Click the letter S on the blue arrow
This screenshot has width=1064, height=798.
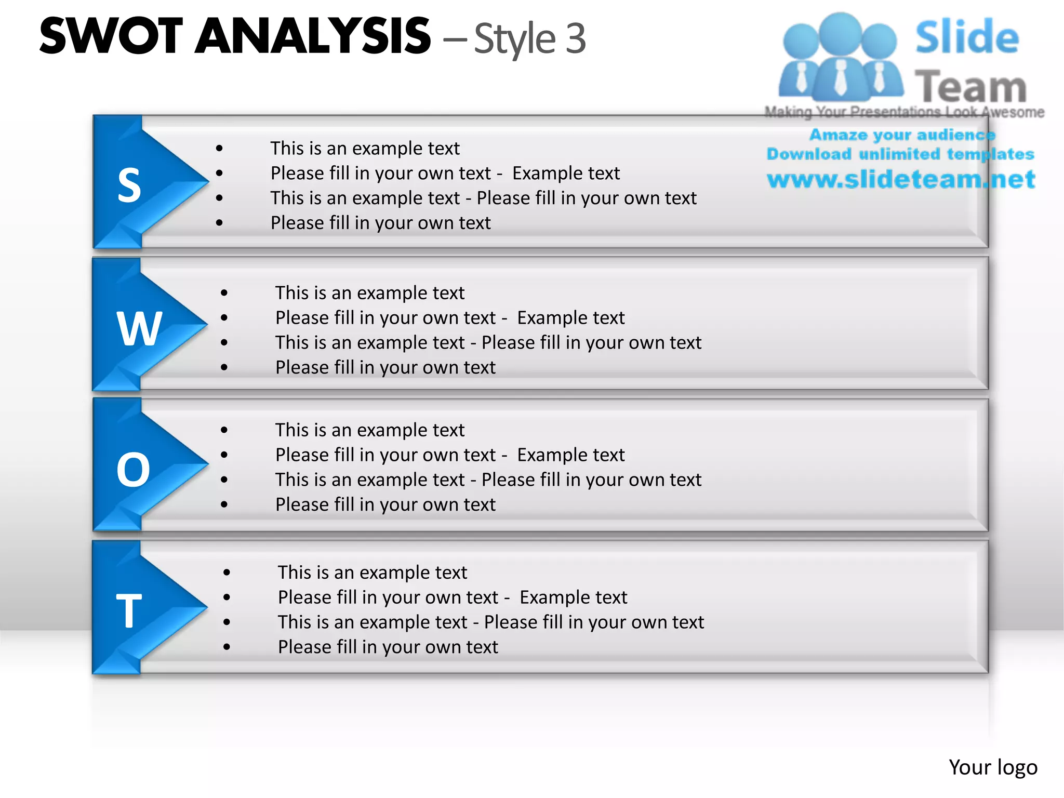(x=129, y=185)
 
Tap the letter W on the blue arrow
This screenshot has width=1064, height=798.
(x=139, y=328)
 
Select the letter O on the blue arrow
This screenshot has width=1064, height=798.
(x=134, y=470)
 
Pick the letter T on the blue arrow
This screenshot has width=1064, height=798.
(x=129, y=611)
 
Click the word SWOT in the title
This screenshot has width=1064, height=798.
(x=111, y=36)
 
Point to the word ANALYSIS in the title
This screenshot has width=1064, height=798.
(x=313, y=36)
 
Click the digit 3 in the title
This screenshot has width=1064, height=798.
(x=575, y=38)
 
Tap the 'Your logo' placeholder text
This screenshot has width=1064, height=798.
(x=993, y=767)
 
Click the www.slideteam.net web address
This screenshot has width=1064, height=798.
(x=901, y=180)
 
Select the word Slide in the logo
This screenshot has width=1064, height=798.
(x=967, y=37)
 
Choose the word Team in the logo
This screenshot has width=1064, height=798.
(x=970, y=86)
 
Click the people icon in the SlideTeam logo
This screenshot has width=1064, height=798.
(x=840, y=57)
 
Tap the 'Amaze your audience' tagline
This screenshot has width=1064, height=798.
(x=902, y=135)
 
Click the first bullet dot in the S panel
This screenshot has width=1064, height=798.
(x=220, y=149)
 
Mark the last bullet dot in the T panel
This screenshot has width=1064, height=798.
(x=227, y=647)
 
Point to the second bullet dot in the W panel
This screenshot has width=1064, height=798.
(x=224, y=318)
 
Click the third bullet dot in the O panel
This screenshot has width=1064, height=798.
(x=224, y=480)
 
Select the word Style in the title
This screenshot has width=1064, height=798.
(x=515, y=39)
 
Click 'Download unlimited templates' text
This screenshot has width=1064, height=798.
(x=900, y=154)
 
